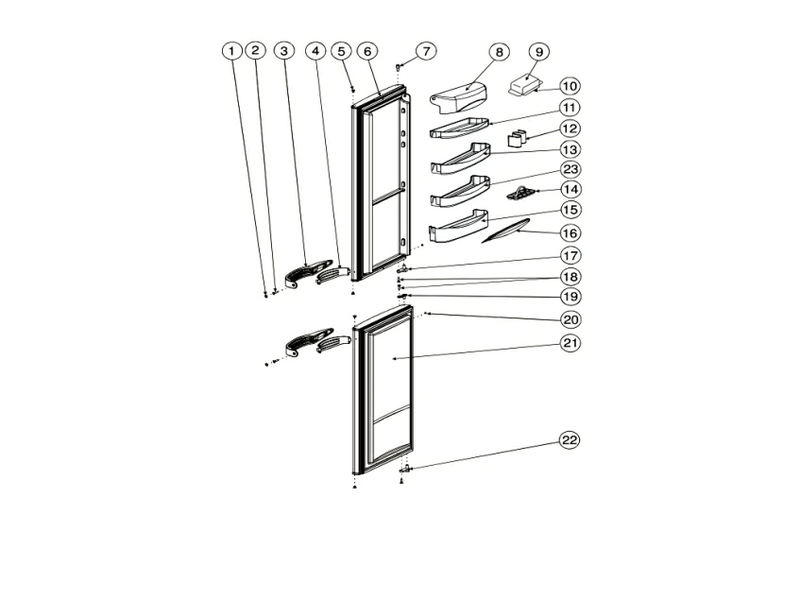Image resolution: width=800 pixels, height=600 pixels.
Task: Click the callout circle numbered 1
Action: coord(231,50)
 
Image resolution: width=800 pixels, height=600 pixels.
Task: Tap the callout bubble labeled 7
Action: coord(426,50)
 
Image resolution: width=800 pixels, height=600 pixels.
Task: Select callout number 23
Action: coord(570,169)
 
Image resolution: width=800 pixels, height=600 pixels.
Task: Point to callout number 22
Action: coord(570,439)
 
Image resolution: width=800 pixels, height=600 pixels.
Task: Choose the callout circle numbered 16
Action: coord(570,233)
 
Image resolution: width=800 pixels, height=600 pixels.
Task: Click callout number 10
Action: coord(570,86)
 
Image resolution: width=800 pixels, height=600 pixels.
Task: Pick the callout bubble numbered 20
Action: coord(570,320)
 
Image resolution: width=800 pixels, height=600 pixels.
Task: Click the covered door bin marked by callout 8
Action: coord(458,97)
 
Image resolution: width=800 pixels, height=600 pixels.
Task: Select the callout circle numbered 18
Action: coord(570,277)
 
